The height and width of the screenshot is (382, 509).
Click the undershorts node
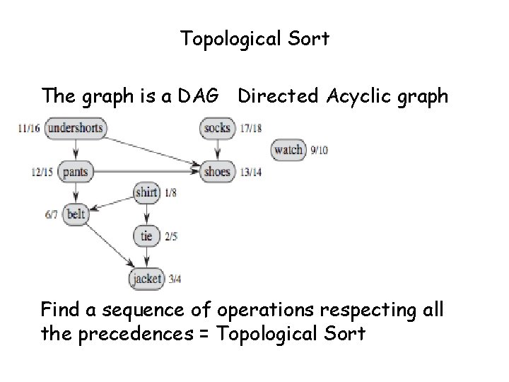(75, 128)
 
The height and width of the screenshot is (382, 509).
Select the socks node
(217, 128)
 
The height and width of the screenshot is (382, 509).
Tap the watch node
(288, 149)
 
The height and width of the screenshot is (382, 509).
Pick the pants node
(75, 170)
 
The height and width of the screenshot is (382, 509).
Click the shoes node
(216, 170)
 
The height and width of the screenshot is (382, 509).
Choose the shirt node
(146, 191)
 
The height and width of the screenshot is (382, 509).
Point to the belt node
(75, 214)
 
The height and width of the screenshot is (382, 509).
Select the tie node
(146, 236)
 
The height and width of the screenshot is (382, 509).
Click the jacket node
(146, 278)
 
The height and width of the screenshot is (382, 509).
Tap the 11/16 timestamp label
(30, 129)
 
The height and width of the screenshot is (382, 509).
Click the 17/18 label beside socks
(251, 128)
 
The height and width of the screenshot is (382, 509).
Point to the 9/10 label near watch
(320, 150)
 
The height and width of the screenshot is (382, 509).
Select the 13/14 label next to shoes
(251, 171)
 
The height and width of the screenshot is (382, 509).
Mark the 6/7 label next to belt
(51, 214)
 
